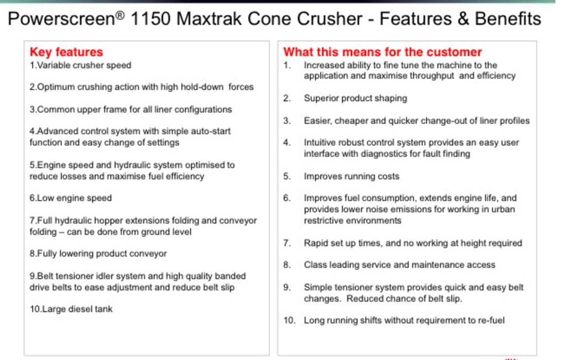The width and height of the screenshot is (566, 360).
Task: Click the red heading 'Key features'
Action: pyautogui.click(x=66, y=52)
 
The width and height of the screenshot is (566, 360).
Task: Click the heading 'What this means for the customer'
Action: pyautogui.click(x=382, y=52)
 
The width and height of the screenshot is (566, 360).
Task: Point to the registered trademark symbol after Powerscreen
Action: pyautogui.click(x=120, y=14)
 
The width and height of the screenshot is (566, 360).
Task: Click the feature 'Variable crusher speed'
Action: pyautogui.click(x=81, y=65)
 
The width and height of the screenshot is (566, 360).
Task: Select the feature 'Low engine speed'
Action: pyautogui.click(x=71, y=198)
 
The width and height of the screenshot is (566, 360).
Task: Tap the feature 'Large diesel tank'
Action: pyautogui.click(x=71, y=309)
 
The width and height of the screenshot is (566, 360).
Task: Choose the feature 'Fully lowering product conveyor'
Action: pyautogui.click(x=98, y=254)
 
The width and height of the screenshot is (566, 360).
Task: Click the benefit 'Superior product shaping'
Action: pyautogui.click(x=355, y=98)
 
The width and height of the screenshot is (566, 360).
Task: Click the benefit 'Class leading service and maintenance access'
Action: pyautogui.click(x=400, y=265)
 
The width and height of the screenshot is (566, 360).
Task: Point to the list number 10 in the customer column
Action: pyautogui.click(x=289, y=320)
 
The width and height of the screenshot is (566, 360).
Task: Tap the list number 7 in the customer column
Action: pyautogui.click(x=287, y=243)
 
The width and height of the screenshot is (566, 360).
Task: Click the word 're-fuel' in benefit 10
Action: pyautogui.click(x=490, y=320)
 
